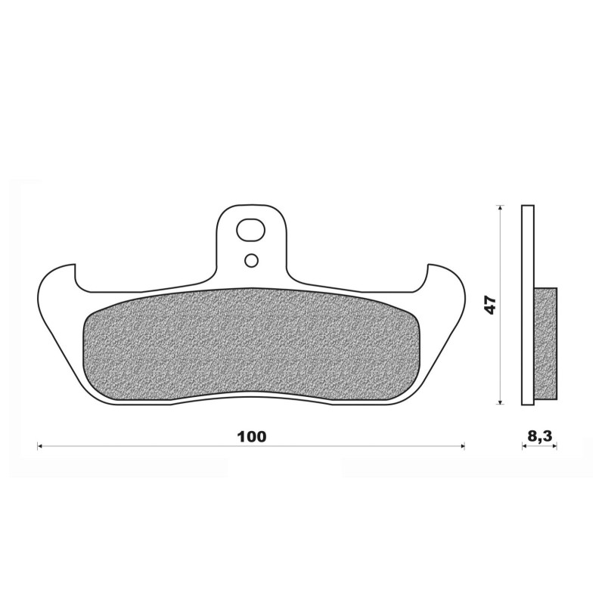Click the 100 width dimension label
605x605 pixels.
click(x=252, y=436)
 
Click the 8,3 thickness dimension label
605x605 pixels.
click(x=539, y=436)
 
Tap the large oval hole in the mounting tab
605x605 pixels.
click(x=251, y=230)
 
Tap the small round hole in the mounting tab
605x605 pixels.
click(x=251, y=261)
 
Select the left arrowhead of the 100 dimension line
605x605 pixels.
click(x=39, y=446)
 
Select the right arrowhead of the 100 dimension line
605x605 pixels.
click(x=463, y=446)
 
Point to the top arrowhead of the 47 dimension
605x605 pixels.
click(x=501, y=207)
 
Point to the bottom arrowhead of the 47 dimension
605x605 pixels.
click(x=501, y=402)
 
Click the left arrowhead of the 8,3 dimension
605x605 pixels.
click(x=524, y=446)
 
